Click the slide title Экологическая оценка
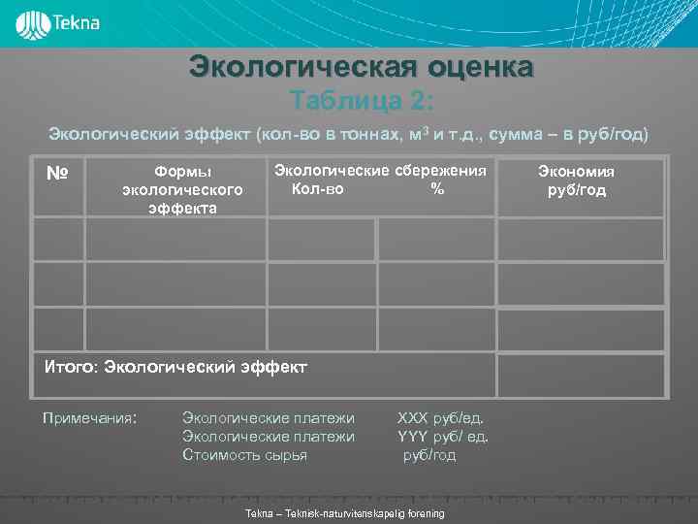361,67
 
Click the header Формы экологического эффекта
182,190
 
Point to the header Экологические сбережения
379,171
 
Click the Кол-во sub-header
317,189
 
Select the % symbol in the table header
437,189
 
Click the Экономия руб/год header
577,180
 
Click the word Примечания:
89,418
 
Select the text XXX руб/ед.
439,418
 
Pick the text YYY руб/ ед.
443,437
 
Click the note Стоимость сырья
244,455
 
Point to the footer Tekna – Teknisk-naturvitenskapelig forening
346,513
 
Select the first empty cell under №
58,240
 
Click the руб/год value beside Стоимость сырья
429,455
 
